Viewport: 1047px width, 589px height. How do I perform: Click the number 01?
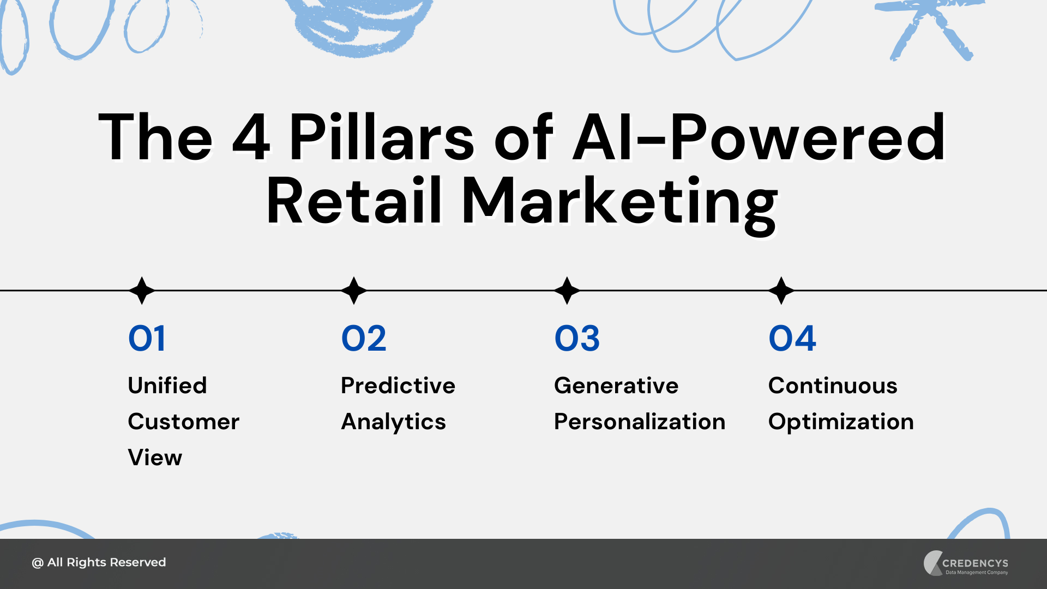tap(146, 339)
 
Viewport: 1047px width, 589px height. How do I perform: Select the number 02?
tap(364, 339)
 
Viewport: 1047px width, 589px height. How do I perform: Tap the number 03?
tap(577, 339)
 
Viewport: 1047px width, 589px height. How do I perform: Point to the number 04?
tap(792, 339)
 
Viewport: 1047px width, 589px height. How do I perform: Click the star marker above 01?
tap(142, 290)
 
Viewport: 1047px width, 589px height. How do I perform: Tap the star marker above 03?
tap(567, 290)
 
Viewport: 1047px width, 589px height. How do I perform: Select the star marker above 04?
tap(781, 290)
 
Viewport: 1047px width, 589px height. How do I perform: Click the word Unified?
tap(167, 386)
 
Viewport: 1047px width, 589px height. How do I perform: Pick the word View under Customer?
tap(155, 458)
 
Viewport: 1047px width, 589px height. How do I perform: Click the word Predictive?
tap(398, 386)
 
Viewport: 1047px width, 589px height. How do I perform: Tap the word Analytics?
tap(393, 422)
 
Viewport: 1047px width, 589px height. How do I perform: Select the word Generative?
tap(616, 386)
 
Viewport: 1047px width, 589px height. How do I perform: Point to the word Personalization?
tap(640, 422)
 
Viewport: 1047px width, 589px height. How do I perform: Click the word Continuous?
tap(833, 386)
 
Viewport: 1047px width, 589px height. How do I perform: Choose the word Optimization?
tap(841, 422)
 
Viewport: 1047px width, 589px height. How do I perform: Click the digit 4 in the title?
tap(251, 137)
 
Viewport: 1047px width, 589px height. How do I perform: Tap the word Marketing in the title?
tap(619, 202)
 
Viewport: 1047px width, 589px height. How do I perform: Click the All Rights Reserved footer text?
tap(99, 562)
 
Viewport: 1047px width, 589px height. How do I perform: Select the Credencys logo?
tap(966, 563)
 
